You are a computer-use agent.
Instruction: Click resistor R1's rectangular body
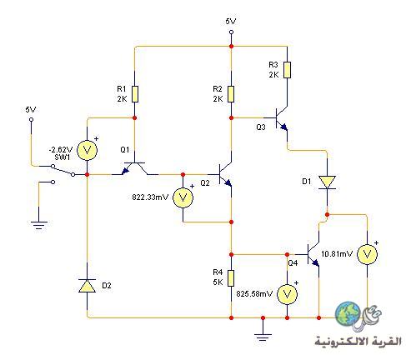pos(135,94)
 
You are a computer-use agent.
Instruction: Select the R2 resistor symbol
pos(231,94)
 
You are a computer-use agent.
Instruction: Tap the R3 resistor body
pos(288,70)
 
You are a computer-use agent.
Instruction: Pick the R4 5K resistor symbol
pos(231,278)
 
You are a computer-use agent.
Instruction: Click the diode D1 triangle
pos(327,182)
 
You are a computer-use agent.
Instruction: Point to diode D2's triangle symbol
pos(88,286)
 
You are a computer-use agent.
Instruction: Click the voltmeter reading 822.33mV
pos(183,197)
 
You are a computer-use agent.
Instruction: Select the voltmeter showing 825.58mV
pos(287,294)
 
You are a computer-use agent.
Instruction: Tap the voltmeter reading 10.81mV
pos(367,254)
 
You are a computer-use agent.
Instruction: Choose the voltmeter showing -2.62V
pos(87,150)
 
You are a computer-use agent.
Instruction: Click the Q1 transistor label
pos(125,150)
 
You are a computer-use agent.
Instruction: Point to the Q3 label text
pos(261,127)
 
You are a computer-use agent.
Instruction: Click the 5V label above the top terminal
pos(231,22)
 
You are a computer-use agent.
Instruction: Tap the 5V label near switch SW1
pos(31,110)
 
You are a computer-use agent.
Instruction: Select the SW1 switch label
pos(63,157)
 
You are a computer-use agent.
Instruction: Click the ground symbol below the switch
pos(38,225)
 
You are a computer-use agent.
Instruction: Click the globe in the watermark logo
pos(348,314)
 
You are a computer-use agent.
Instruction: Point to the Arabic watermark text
pos(358,341)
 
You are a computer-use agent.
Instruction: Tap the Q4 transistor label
pos(293,262)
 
